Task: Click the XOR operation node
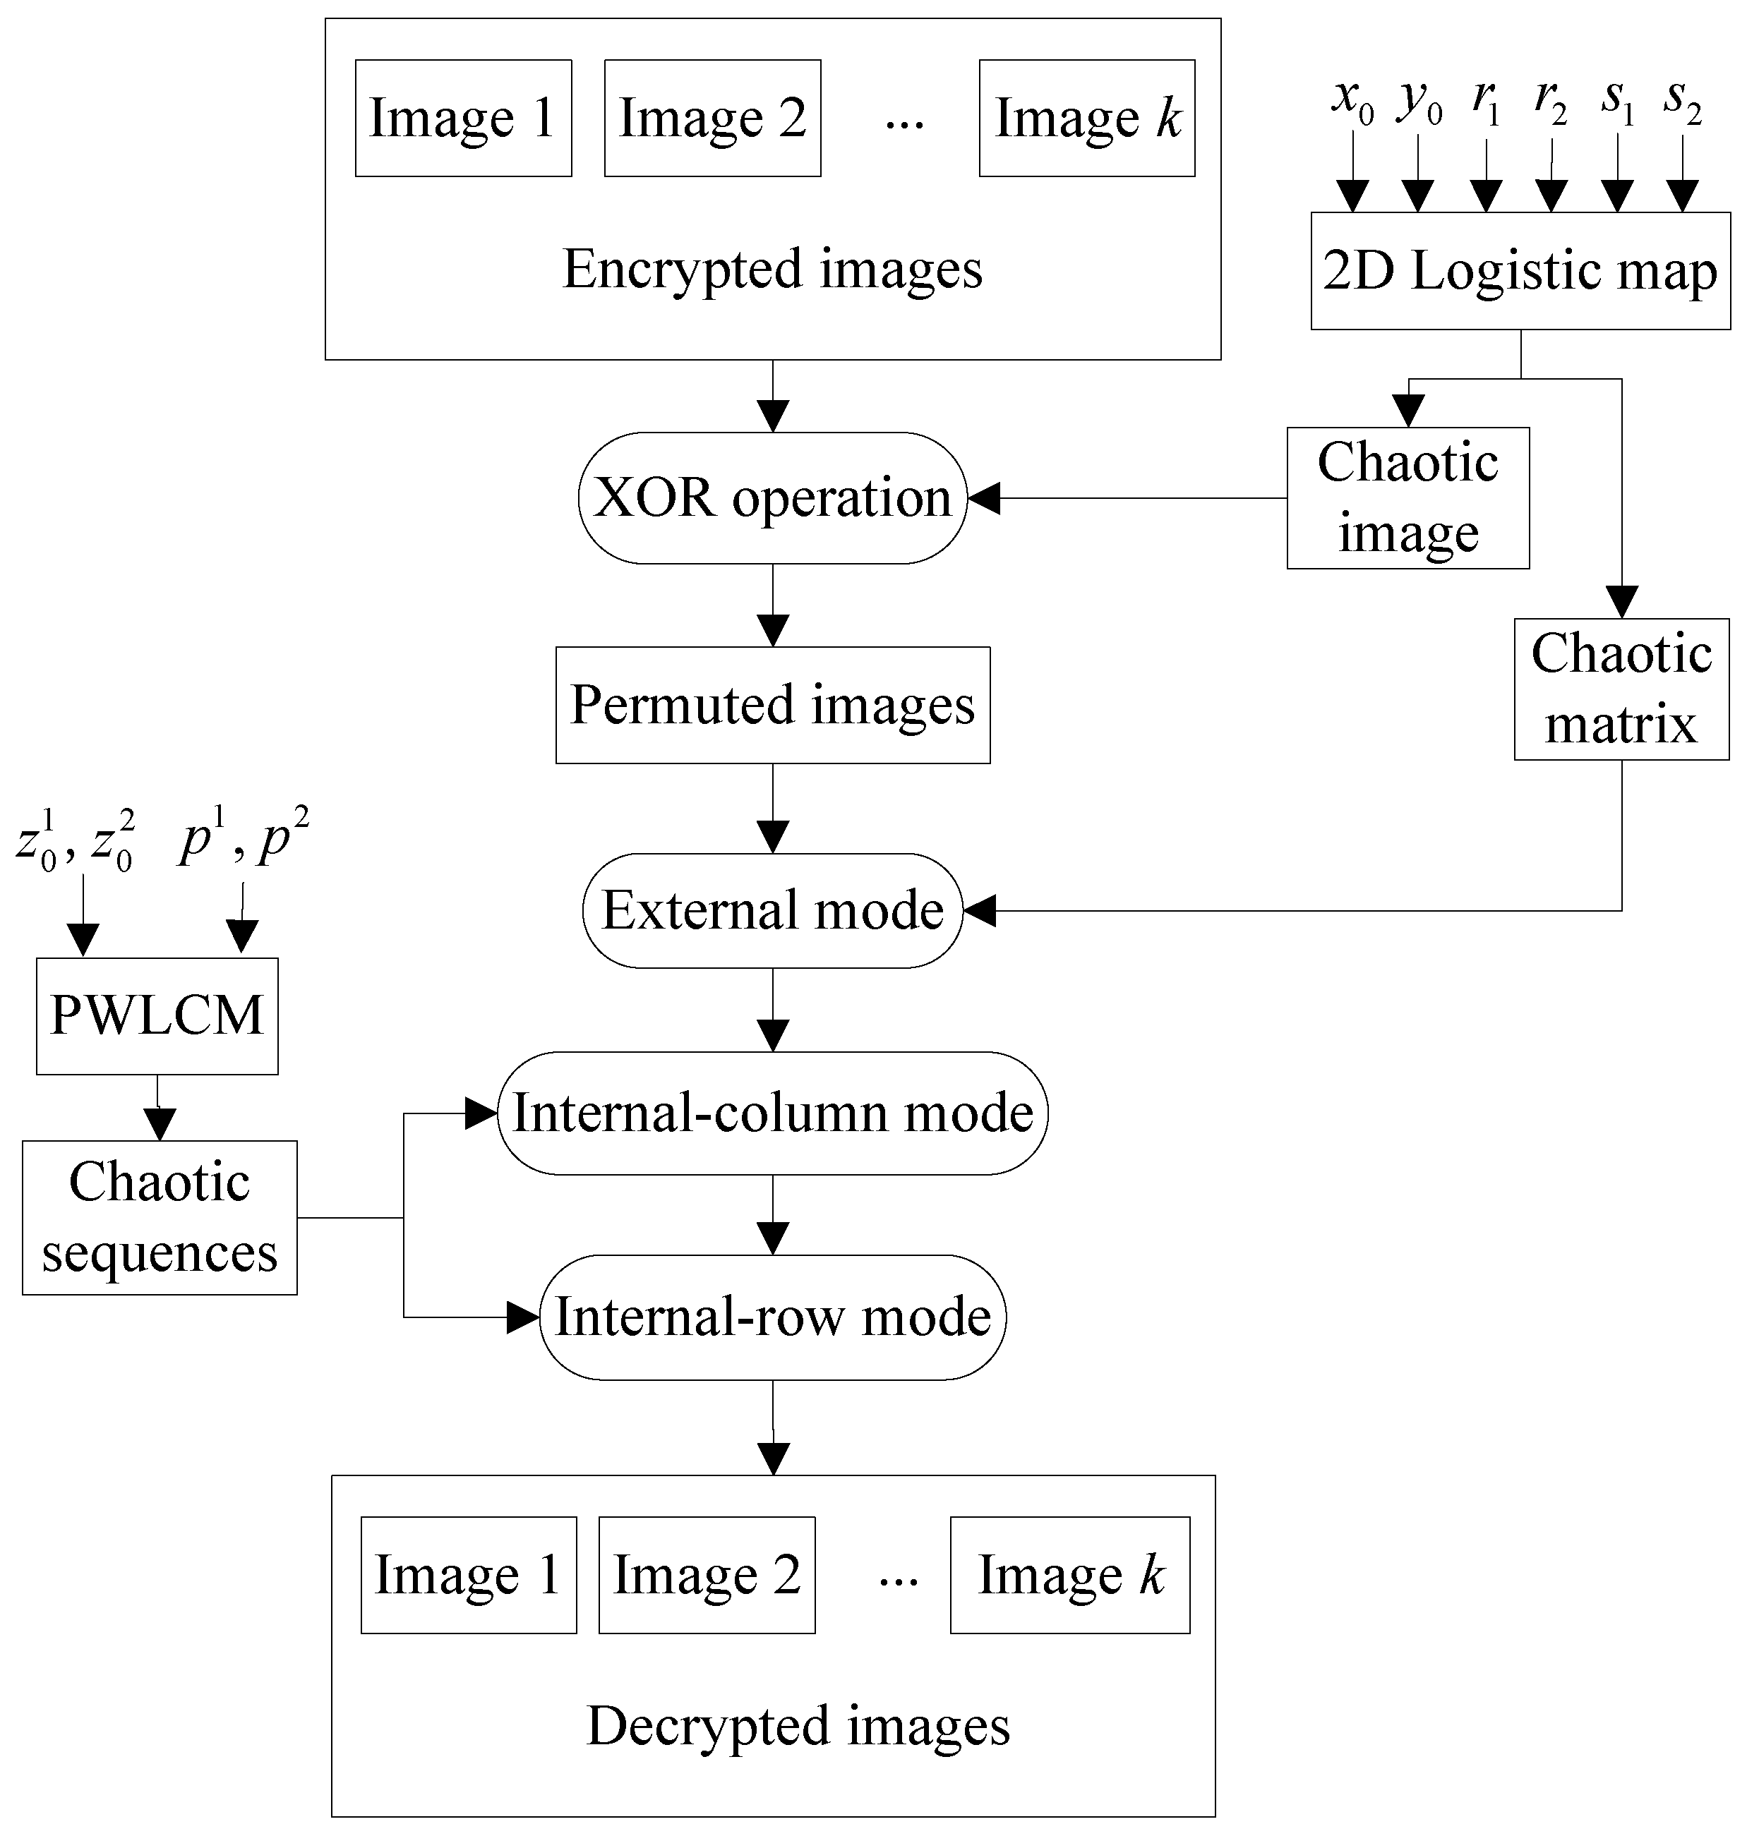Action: pos(772,498)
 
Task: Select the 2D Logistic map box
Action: pos(1520,271)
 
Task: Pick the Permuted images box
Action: pos(772,705)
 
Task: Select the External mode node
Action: pos(772,910)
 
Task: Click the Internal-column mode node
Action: pos(772,1113)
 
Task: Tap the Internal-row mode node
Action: pos(772,1317)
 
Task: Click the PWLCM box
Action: pos(157,1016)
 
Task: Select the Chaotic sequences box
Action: pos(160,1217)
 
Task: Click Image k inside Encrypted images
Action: pos(1087,119)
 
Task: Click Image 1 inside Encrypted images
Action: pos(463,119)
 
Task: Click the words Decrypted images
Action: pos(798,1725)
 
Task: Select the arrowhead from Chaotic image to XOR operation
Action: pos(983,498)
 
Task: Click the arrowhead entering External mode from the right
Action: pos(980,910)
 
